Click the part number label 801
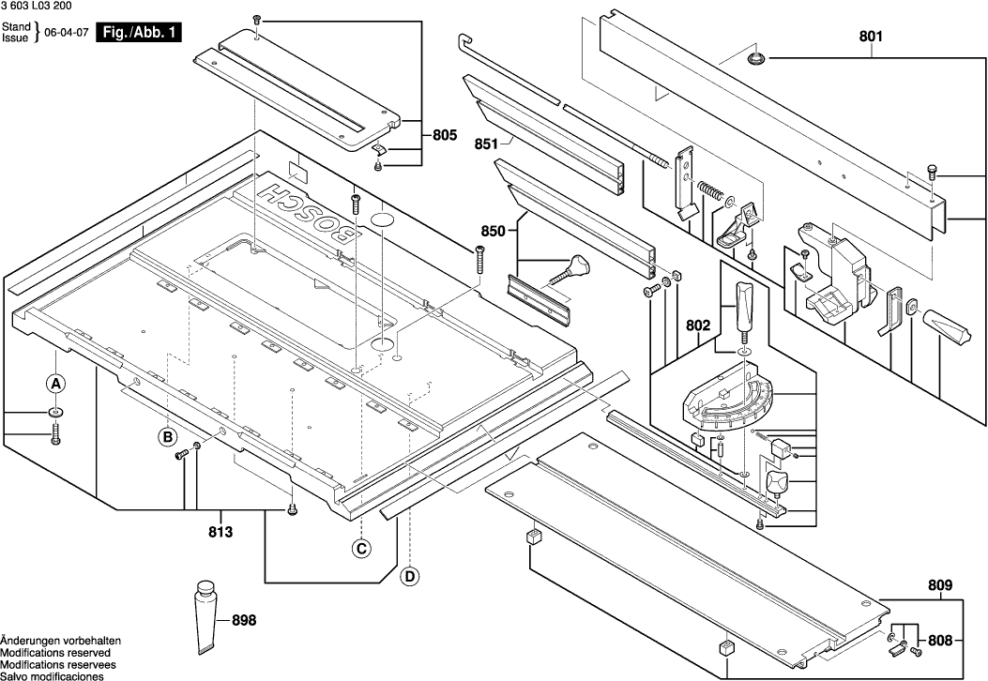871,37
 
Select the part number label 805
445,135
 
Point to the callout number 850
493,231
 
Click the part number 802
698,326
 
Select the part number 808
940,642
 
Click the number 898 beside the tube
244,620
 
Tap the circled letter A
55,384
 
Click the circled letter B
167,436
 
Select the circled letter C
360,549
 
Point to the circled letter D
409,576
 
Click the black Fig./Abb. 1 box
141,33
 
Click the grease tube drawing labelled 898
206,618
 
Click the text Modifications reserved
55,653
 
